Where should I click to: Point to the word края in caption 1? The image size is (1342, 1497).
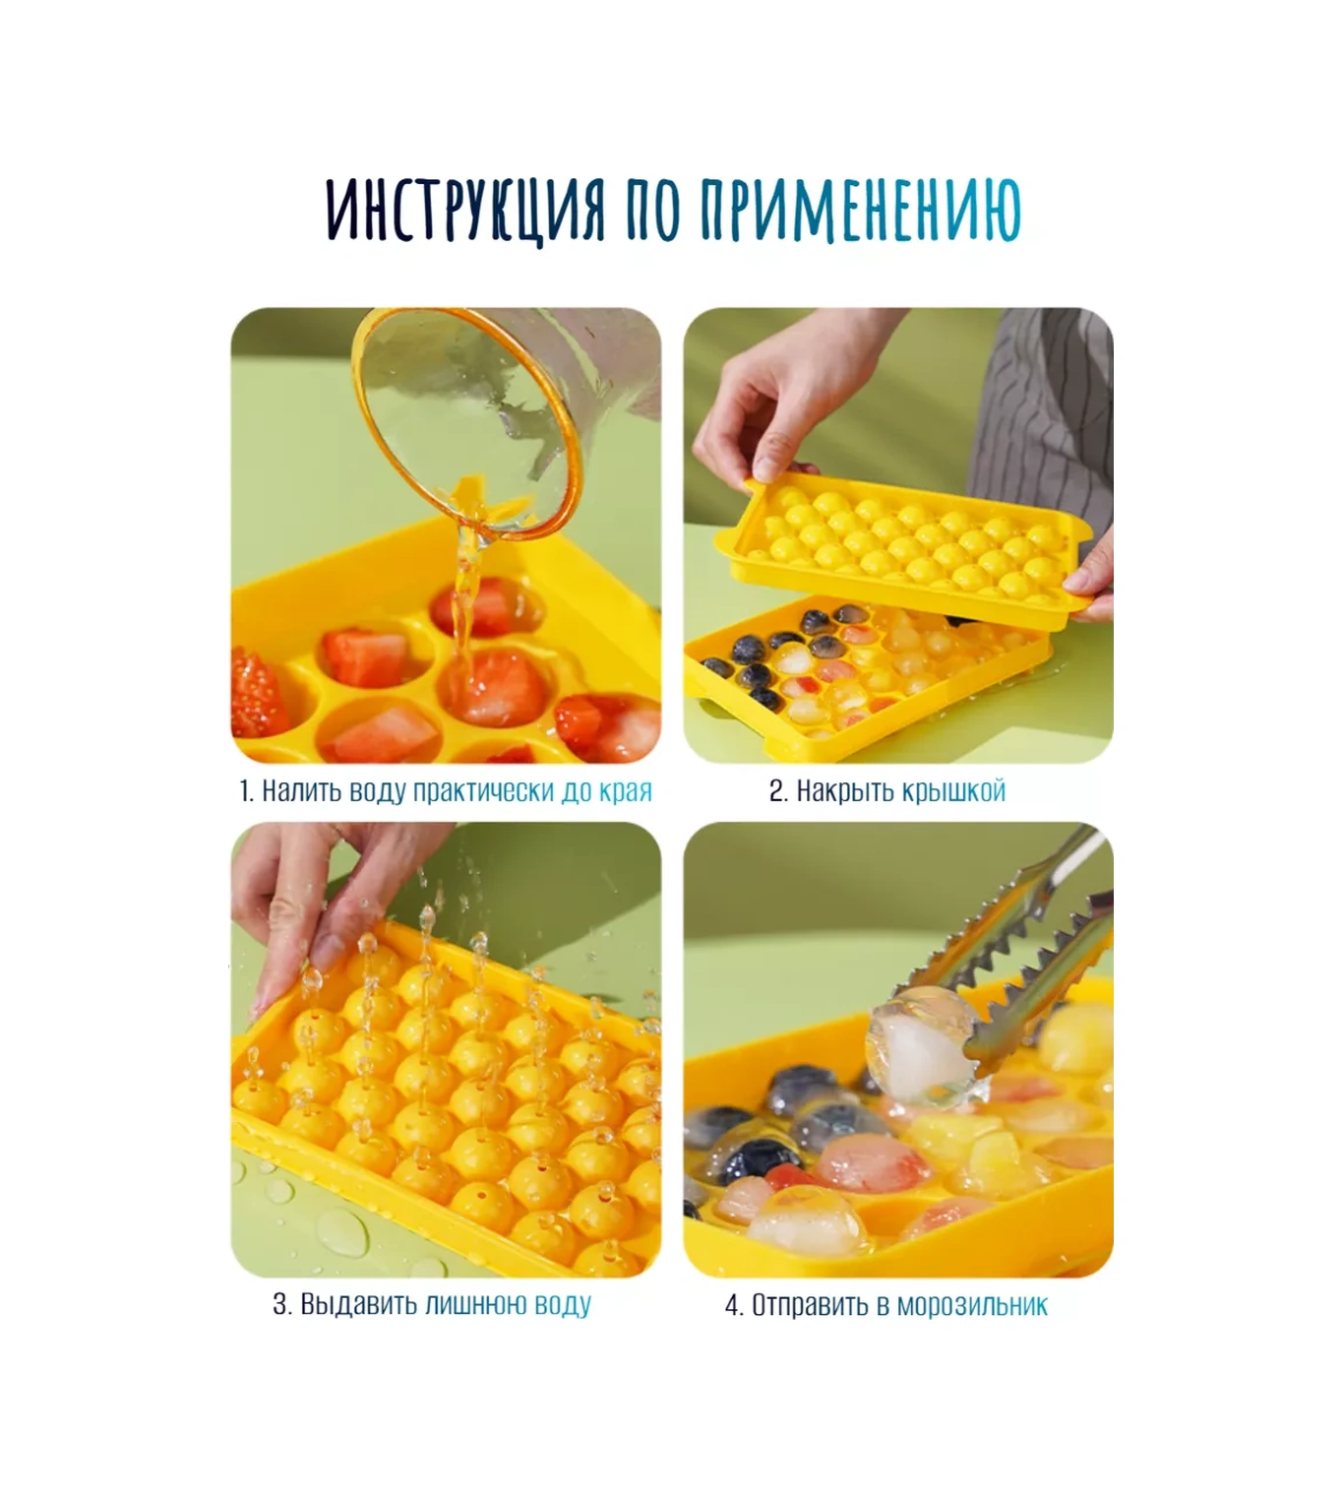pos(626,792)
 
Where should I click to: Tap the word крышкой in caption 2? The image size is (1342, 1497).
pos(953,792)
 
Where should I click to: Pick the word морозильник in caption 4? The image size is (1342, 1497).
pos(972,1306)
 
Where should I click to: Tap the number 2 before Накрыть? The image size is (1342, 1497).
pos(777,791)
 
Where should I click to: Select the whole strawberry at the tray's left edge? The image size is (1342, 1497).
pos(257,696)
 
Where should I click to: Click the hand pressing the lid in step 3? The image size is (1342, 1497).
pos(325,902)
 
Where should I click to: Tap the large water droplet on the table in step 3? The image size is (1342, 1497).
pos(342,1232)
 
